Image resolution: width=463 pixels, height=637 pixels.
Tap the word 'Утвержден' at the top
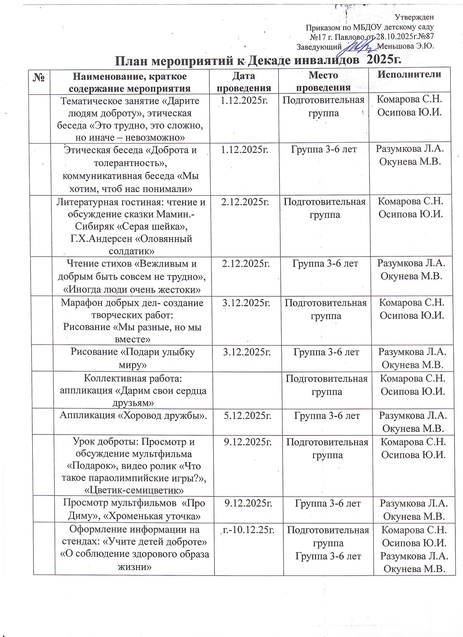coord(414,17)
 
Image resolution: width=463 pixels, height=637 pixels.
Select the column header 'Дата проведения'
coord(244,82)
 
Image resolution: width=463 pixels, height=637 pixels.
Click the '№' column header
coord(39,77)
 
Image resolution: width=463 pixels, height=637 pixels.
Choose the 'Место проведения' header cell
coord(323,81)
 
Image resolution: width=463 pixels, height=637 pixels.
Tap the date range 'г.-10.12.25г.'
coord(248,530)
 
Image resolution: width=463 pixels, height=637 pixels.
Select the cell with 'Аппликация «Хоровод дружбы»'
coord(131,416)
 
